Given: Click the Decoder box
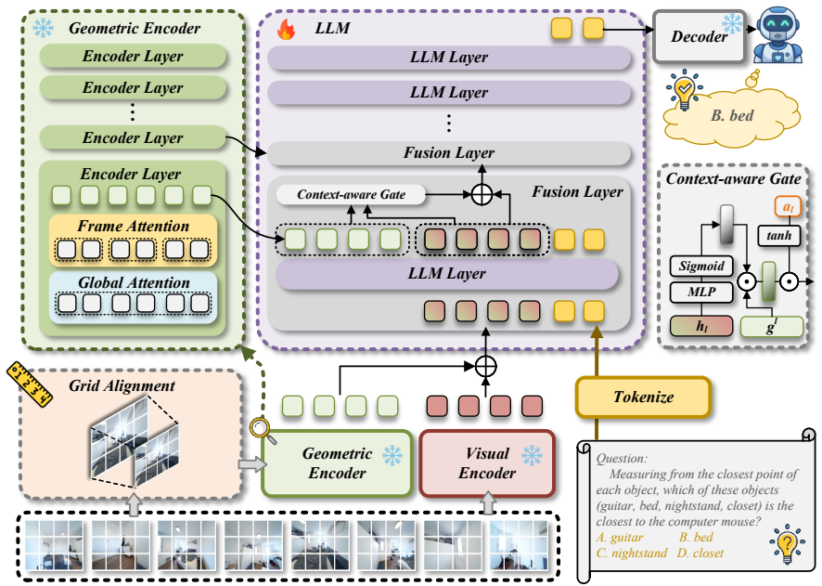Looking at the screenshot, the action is [x=700, y=37].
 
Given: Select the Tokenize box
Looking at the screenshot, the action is [x=643, y=397].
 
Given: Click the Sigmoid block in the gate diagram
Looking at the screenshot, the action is [x=701, y=266].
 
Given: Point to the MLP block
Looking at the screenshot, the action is [x=701, y=292].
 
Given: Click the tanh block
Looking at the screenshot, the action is [x=779, y=236].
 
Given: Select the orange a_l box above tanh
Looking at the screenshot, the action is [x=788, y=207].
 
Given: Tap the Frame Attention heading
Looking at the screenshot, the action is [x=134, y=226].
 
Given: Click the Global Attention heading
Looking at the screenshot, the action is [x=134, y=282].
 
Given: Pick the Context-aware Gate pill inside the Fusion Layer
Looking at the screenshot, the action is [x=351, y=195].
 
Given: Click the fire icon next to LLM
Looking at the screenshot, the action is [x=287, y=29].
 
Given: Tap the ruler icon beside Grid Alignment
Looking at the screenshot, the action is [x=30, y=384].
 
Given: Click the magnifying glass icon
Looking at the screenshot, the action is [x=263, y=431].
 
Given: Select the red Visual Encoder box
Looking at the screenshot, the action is [x=487, y=463].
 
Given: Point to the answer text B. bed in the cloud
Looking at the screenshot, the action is [x=732, y=115].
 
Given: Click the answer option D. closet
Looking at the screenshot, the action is [x=700, y=553].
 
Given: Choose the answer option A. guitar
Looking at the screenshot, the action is [x=620, y=537].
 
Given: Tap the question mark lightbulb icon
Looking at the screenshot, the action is [x=787, y=543].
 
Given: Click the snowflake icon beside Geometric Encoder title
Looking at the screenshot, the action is [x=43, y=28].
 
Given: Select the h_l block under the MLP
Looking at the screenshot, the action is [x=701, y=326].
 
